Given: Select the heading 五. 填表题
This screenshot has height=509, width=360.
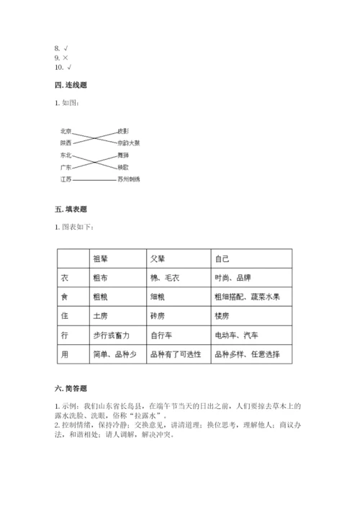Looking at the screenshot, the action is (71, 210).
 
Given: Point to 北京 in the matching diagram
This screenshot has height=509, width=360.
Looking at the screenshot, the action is (66, 131).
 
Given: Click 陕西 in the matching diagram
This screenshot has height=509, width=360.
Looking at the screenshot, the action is (66, 143).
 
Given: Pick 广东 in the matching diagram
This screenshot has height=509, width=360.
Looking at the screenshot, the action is (66, 166).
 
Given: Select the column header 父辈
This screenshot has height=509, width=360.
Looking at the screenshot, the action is (158, 258).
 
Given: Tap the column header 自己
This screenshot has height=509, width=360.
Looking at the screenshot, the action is (222, 258).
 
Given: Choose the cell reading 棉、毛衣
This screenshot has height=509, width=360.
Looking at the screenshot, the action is (166, 277).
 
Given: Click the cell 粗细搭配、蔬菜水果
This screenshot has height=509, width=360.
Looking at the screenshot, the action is (246, 297).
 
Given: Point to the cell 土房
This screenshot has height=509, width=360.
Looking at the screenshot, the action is (100, 316).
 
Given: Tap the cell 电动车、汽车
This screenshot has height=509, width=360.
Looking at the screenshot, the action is (235, 335).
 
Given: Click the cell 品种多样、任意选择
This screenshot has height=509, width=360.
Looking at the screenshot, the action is (246, 355).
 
